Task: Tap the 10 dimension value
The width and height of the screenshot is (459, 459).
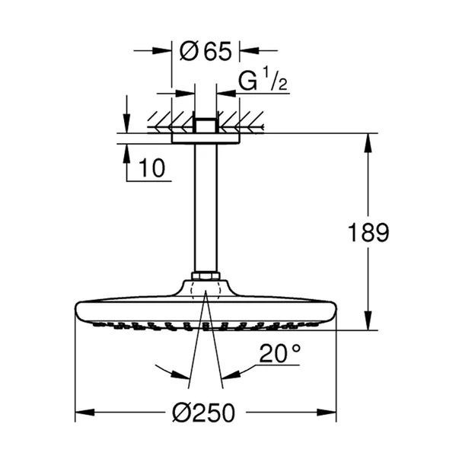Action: [152, 169]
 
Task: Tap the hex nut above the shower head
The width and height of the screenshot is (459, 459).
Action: [206, 276]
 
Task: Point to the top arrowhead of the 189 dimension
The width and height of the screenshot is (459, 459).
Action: [369, 141]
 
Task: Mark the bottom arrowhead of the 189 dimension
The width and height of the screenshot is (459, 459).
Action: [369, 325]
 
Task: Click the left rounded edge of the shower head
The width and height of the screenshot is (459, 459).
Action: [78, 312]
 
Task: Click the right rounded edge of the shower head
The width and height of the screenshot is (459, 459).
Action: [333, 312]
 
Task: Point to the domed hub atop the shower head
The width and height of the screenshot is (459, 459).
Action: [206, 289]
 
